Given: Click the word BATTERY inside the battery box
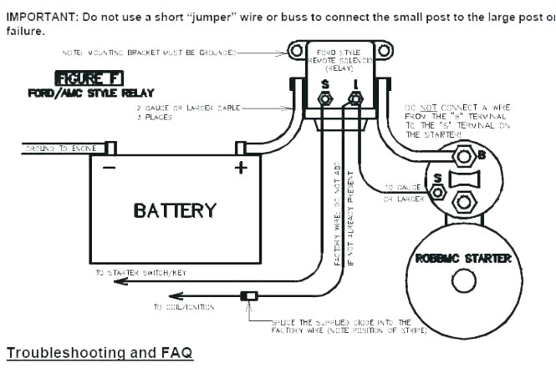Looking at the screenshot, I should [175, 211].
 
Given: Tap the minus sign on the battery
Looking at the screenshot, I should [109, 167].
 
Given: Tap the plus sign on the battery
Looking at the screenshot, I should [241, 167].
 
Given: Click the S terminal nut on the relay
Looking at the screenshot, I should [325, 99].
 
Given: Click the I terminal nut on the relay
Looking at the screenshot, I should [355, 99].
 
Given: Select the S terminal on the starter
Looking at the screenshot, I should [436, 193].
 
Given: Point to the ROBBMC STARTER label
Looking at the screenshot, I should [463, 259].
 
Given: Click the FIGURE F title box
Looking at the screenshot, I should [89, 78].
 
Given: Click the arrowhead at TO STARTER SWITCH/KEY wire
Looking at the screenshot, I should [120, 281].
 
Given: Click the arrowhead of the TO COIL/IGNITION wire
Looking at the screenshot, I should [175, 295].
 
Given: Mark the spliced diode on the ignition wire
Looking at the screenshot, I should [248, 295].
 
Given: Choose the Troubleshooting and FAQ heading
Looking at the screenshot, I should [99, 353].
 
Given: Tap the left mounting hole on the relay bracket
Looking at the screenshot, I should [295, 51].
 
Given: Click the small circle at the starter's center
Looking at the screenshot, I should [463, 280].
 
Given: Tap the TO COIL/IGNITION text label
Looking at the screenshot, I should [183, 307].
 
